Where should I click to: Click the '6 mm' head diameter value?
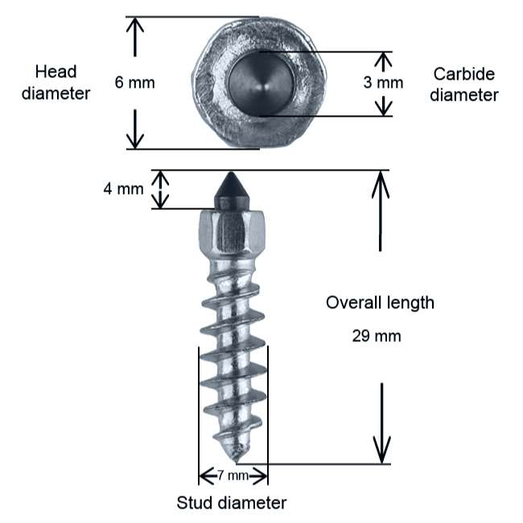click(134, 82)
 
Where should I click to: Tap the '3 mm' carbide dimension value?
click(383, 82)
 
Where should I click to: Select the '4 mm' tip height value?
click(123, 189)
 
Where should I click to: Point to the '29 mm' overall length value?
click(377, 336)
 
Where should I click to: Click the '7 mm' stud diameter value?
click(233, 475)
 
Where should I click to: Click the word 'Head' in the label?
click(56, 72)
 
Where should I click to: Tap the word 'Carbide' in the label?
click(464, 74)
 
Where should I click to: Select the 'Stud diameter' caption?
click(232, 503)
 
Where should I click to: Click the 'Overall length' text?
click(380, 303)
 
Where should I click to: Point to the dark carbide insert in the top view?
click(261, 84)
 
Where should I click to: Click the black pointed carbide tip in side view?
click(232, 191)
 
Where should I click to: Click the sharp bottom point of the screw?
click(236, 463)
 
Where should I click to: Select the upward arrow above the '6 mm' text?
click(134, 37)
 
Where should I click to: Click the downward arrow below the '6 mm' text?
click(134, 129)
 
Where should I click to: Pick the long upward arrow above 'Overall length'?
click(381, 211)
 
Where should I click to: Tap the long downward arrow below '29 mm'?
click(382, 423)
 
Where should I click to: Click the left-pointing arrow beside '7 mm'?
click(208, 476)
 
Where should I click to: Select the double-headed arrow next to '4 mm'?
click(160, 189)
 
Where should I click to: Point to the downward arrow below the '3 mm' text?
click(383, 106)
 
